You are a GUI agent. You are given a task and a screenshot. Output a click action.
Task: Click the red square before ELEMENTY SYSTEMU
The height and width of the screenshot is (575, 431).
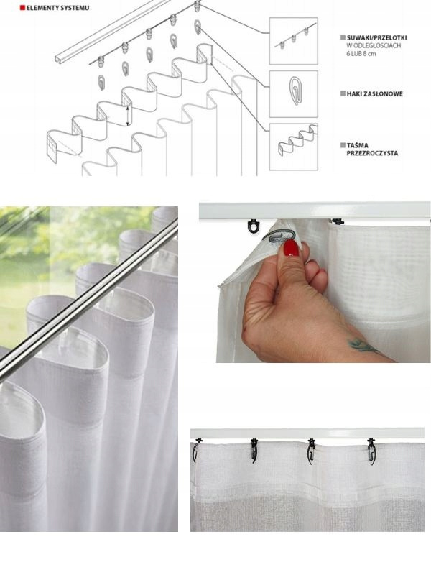tap(22, 8)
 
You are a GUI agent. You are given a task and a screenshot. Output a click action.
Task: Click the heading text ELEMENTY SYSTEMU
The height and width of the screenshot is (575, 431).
tap(57, 8)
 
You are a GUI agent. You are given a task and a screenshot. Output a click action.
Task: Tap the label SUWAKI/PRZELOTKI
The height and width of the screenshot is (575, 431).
tap(376, 37)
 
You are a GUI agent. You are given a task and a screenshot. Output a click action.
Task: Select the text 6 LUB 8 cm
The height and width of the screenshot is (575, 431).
tap(361, 54)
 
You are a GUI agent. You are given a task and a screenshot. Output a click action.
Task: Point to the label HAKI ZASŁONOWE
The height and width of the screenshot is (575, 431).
tap(374, 94)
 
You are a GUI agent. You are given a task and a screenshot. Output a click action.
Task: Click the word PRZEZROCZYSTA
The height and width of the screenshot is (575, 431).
tap(372, 153)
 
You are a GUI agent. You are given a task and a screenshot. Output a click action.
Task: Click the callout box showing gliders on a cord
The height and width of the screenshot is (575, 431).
tap(293, 41)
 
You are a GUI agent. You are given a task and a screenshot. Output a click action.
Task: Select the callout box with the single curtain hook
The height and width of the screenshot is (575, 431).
tap(293, 94)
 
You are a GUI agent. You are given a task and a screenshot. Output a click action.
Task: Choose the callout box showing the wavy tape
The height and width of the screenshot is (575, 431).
tap(293, 147)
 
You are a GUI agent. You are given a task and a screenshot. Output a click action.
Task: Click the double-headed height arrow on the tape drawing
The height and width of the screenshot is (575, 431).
tap(128, 115)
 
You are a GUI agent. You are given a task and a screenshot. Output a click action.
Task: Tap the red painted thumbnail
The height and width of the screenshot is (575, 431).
tap(292, 249)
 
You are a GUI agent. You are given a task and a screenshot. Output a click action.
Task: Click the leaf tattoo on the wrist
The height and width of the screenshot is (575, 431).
tap(363, 346)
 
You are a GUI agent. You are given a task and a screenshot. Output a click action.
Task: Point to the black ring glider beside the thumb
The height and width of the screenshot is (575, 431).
tap(253, 226)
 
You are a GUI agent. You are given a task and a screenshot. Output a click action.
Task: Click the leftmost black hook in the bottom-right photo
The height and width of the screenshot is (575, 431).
tap(197, 450)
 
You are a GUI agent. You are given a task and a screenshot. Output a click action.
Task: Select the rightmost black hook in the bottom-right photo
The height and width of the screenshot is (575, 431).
tap(371, 451)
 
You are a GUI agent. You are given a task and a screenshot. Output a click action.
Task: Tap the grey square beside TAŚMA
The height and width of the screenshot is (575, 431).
tap(343, 145)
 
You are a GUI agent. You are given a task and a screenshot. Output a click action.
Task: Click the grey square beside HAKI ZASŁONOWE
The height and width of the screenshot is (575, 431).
tap(343, 94)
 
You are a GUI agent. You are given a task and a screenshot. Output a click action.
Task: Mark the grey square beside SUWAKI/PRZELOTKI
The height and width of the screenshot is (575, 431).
tap(343, 37)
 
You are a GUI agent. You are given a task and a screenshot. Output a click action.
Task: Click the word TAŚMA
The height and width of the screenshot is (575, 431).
tap(357, 145)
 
